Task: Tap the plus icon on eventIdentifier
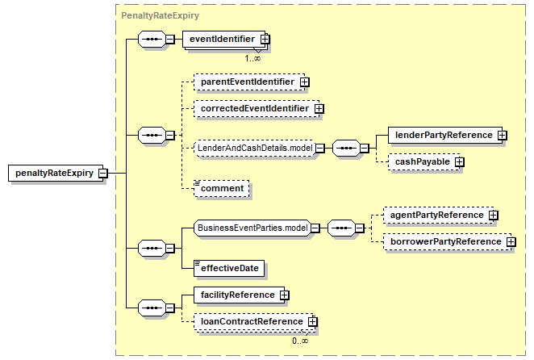[265, 39]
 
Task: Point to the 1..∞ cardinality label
[252, 58]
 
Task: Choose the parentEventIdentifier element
[247, 82]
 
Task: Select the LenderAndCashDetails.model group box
[254, 148]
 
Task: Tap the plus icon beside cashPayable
[459, 161]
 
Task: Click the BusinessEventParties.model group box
[252, 228]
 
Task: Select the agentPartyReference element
[436, 215]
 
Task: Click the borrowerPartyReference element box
[444, 241]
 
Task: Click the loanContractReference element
[251, 321]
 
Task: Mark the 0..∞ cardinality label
[299, 341]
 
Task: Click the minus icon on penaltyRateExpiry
[104, 173]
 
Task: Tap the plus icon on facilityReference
[284, 295]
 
